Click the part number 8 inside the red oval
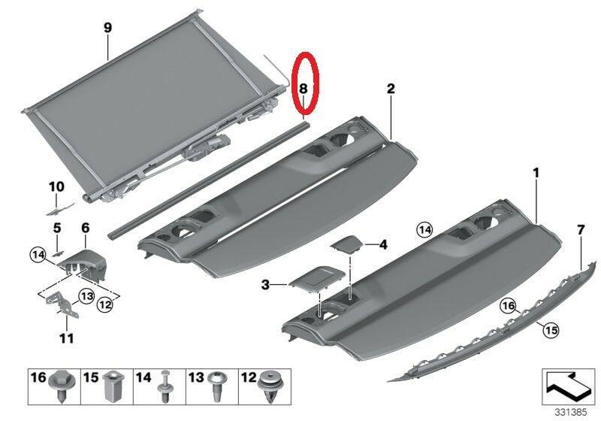303,89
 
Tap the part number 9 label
107,28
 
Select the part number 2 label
390,89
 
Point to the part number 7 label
581,230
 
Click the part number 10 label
56,187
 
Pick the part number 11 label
66,338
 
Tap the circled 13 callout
86,296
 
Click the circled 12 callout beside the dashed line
105,304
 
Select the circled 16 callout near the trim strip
509,306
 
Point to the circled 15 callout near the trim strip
551,330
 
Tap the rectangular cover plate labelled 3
316,278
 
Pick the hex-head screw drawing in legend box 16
61,386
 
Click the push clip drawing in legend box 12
272,386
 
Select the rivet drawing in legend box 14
165,386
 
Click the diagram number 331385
571,413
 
